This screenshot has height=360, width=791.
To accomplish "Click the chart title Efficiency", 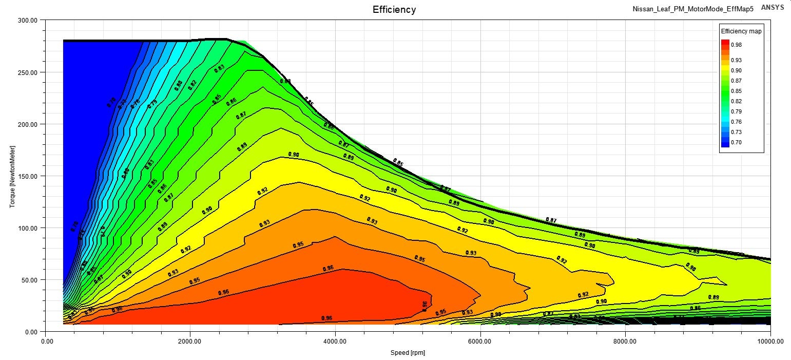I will [394, 10].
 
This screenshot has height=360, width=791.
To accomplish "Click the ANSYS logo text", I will [773, 8].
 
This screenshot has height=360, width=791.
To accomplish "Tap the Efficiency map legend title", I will [741, 31].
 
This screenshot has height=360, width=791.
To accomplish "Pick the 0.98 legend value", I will [736, 45].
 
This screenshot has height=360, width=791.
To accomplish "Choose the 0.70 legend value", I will [736, 142].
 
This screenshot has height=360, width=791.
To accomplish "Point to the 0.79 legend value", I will [736, 111].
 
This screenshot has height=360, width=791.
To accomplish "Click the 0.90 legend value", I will [736, 70].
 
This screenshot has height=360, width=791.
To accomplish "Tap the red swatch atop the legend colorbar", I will [725, 44].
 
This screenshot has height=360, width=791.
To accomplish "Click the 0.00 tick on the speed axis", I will [46, 340].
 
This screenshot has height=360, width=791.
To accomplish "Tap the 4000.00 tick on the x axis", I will [335, 340].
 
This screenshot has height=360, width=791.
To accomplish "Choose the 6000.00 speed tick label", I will [480, 340].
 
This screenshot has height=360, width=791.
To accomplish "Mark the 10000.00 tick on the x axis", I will [770, 340].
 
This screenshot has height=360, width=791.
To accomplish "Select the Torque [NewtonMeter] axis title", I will [12, 176].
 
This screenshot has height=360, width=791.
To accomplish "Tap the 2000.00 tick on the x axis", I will [190, 340].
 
